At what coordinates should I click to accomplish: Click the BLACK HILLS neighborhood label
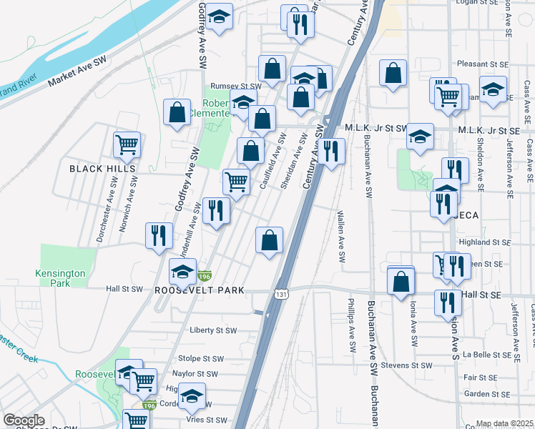click(x=102, y=169)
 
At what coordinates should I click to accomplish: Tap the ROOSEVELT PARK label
click(x=200, y=290)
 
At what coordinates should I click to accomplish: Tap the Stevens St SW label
click(x=407, y=365)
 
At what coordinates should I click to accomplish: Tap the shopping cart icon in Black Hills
click(x=127, y=144)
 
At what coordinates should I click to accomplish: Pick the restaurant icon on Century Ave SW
click(x=330, y=151)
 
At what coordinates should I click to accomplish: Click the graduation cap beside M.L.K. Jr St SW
click(x=421, y=136)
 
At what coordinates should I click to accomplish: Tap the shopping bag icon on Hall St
click(x=401, y=282)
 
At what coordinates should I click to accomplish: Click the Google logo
click(x=24, y=420)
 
